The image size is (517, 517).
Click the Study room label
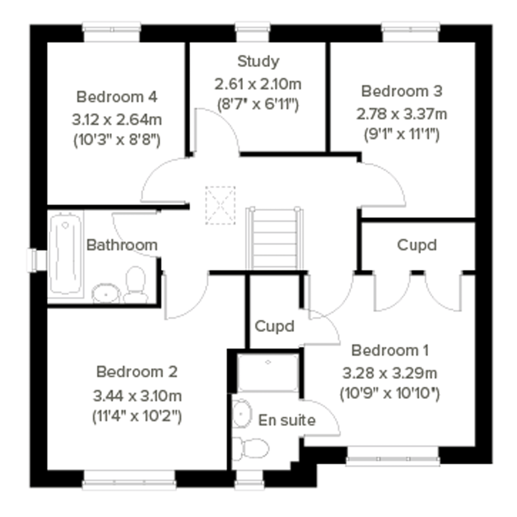point(258,61)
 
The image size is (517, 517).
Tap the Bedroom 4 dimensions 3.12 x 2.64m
point(117,119)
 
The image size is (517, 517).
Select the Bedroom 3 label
point(401,91)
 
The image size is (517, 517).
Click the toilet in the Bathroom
point(136,284)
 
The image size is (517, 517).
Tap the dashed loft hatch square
point(220,205)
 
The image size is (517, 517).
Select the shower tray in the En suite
point(268,373)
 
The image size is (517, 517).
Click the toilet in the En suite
point(252,448)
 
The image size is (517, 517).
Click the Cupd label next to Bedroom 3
point(416,245)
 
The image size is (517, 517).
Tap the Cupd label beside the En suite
point(274,326)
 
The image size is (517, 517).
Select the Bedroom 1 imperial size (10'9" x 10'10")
point(390,393)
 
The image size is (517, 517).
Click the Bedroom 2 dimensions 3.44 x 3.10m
point(137,396)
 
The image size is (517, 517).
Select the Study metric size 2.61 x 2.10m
point(258,84)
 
